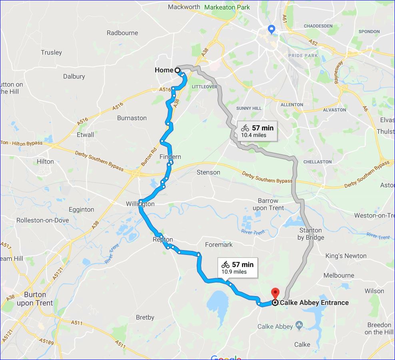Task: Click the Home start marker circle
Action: [x=177, y=70]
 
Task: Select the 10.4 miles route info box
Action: [x=257, y=131]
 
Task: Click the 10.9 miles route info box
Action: [x=237, y=268]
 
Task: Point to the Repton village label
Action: [x=163, y=240]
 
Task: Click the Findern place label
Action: [x=170, y=157]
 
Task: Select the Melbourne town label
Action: [x=339, y=275]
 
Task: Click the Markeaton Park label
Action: [x=227, y=7]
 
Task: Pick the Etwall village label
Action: [x=85, y=134]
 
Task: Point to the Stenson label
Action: [x=208, y=172]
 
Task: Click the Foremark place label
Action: [x=218, y=244]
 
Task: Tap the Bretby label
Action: [x=145, y=317]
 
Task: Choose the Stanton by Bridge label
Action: [x=311, y=234]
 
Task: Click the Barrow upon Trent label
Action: [x=268, y=204]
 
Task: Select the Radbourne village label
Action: [x=122, y=33]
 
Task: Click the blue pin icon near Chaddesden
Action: [x=271, y=29]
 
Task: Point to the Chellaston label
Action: [x=317, y=162]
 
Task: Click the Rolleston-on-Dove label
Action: [x=42, y=220]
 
